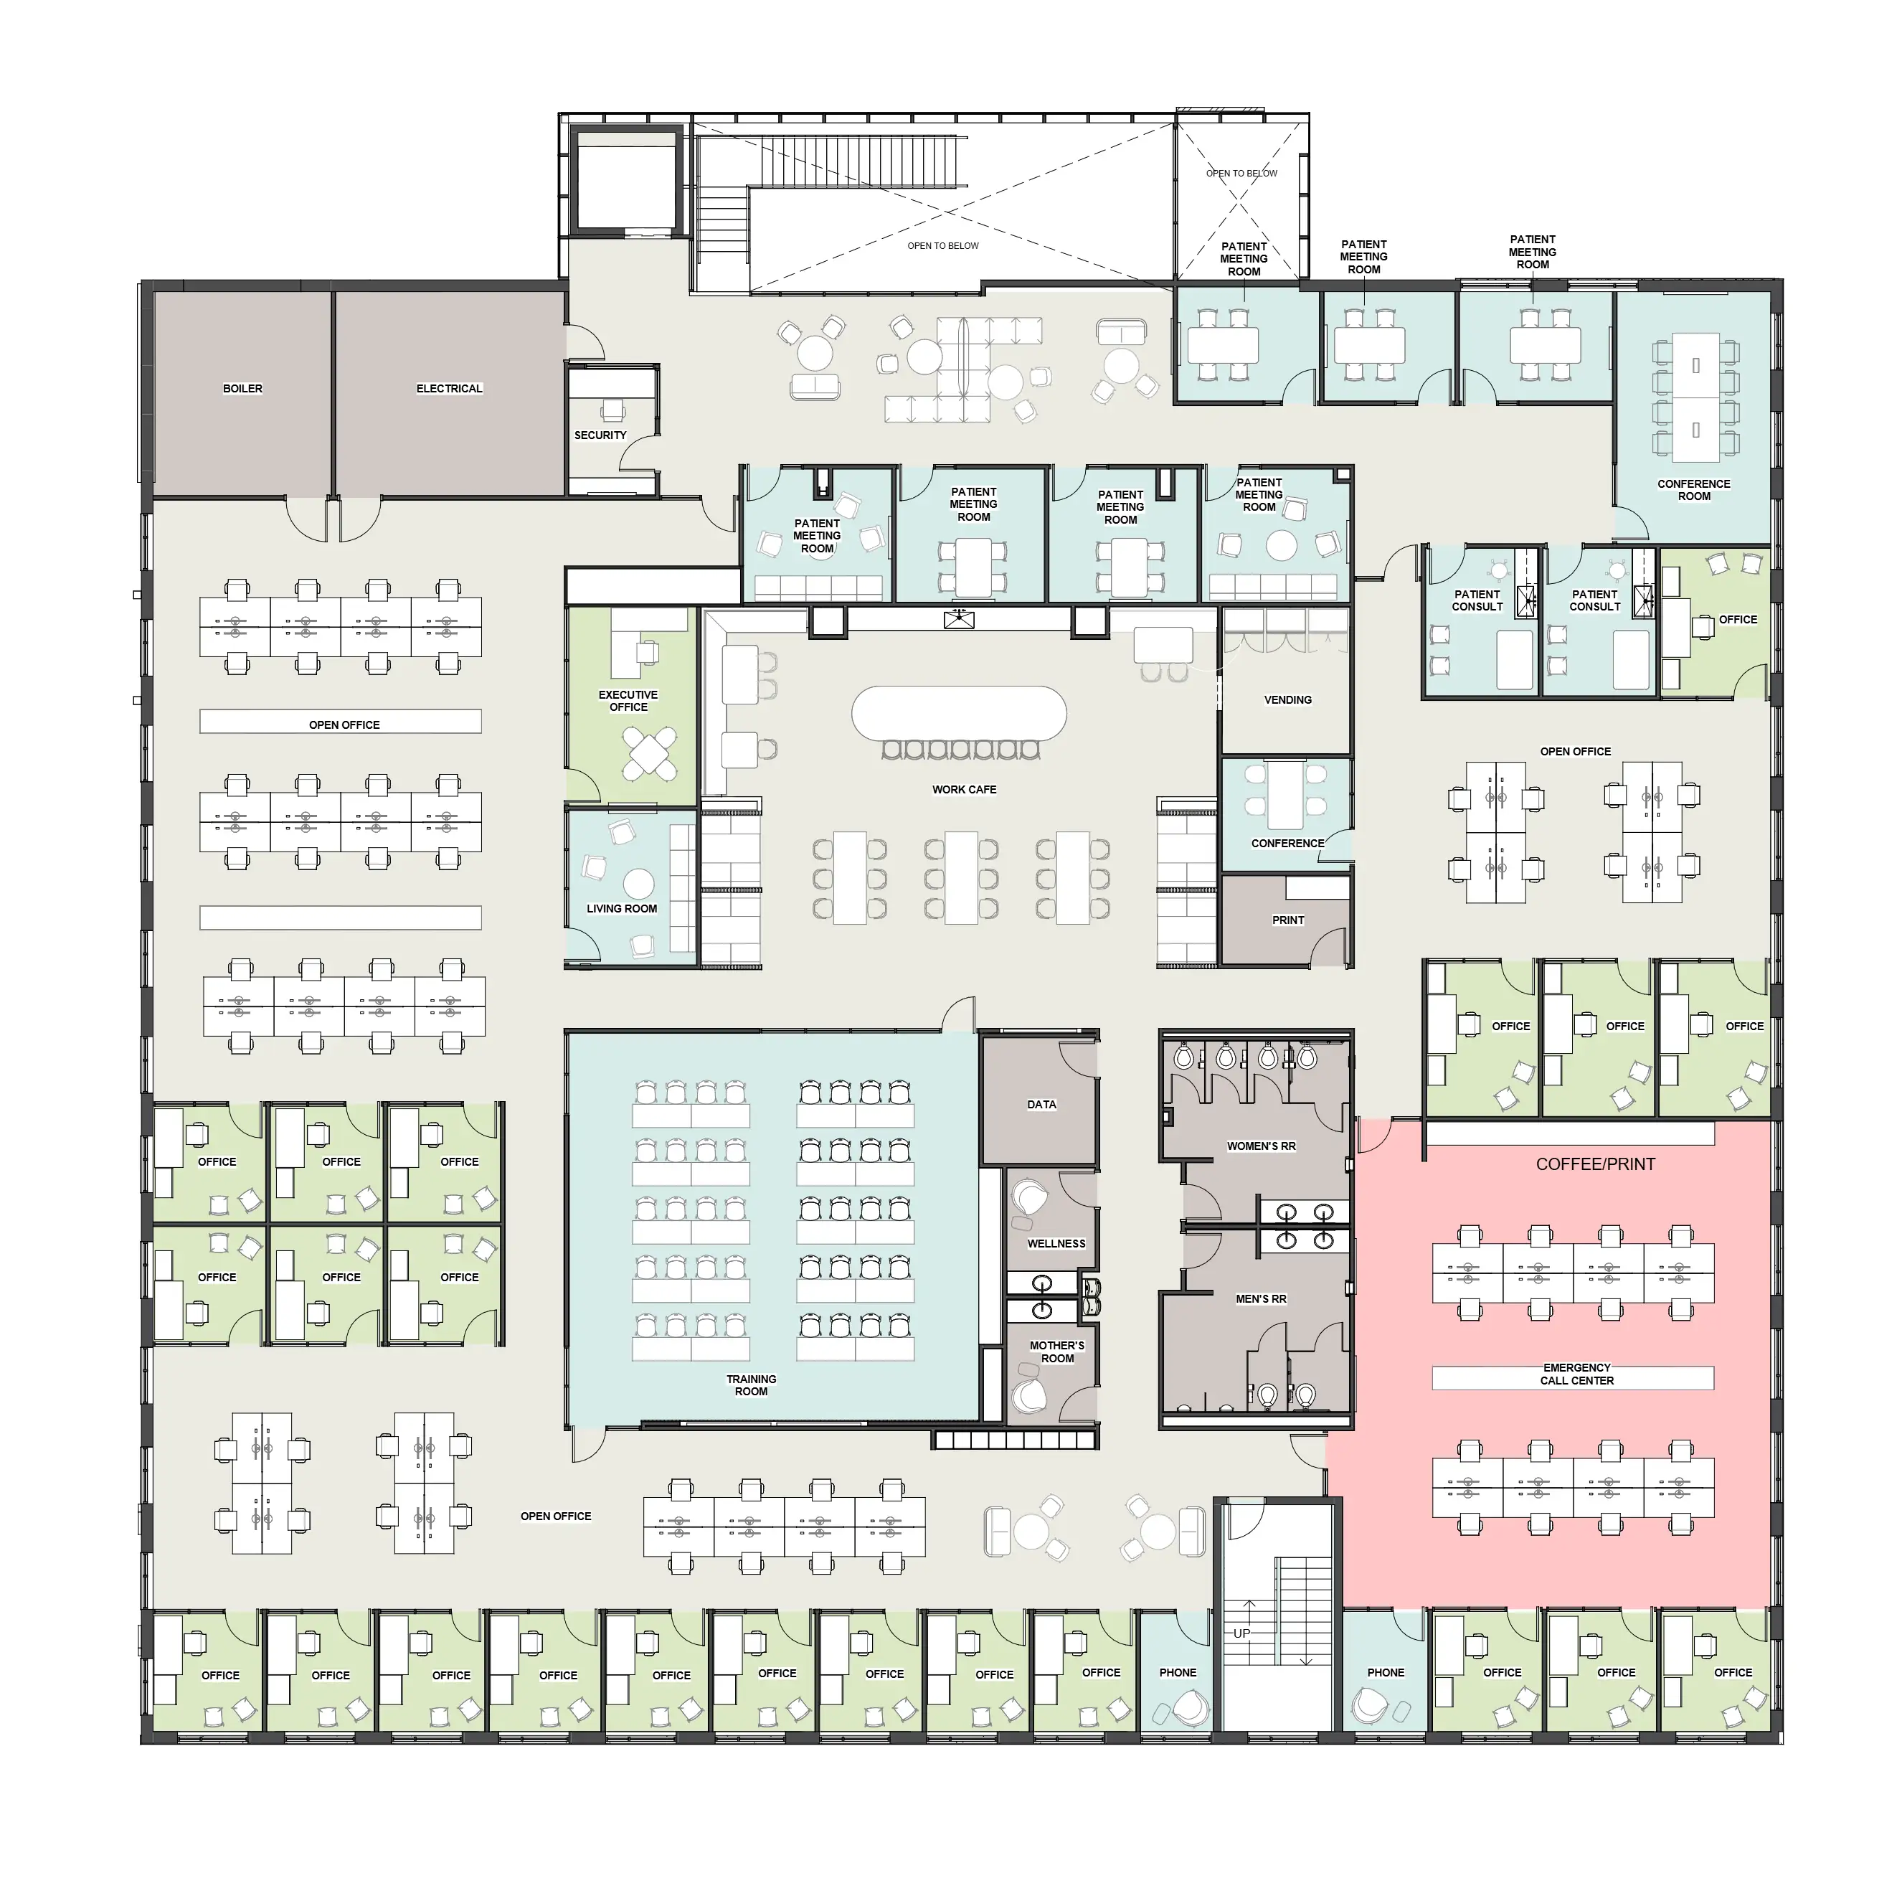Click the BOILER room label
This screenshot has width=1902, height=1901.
point(242,389)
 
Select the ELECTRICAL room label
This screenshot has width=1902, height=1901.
point(449,389)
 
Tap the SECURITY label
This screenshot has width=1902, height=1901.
point(600,435)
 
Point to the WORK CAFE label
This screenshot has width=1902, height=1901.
point(964,790)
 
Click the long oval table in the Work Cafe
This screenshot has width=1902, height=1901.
point(959,713)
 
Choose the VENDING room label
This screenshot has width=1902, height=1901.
point(1287,700)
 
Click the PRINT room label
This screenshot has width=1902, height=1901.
point(1287,920)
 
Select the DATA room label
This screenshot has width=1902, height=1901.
point(1041,1105)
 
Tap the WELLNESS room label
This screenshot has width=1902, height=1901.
point(1056,1243)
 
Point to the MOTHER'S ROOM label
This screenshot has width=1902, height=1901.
point(1057,1352)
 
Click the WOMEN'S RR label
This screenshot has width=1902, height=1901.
point(1261,1146)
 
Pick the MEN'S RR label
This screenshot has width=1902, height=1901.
point(1261,1299)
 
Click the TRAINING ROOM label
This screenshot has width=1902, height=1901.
point(751,1385)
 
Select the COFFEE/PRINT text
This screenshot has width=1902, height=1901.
point(1596,1164)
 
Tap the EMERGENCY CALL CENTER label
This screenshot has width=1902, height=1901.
point(1577,1374)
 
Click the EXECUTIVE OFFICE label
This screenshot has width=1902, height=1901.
point(628,701)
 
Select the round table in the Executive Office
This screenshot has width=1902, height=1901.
point(649,754)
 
